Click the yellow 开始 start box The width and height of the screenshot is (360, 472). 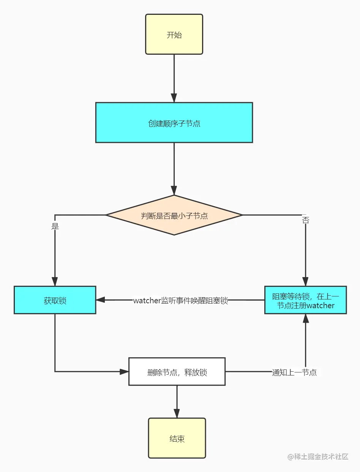[174, 35]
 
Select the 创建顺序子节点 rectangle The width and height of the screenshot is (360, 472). [174, 123]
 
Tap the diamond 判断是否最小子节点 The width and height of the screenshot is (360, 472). [174, 215]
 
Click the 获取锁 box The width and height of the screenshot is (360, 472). [55, 300]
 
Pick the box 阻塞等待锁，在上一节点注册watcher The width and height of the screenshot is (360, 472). [305, 300]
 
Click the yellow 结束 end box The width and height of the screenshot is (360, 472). [177, 439]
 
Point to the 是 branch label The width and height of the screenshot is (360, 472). [55, 226]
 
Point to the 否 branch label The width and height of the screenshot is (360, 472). [305, 220]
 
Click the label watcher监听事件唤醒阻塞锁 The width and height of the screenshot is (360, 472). [180, 301]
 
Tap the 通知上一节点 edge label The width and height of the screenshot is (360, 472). [294, 372]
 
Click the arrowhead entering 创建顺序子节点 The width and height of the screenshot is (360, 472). [174, 98]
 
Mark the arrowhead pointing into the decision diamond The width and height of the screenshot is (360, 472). [174, 190]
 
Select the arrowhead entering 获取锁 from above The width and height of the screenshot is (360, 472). [55, 281]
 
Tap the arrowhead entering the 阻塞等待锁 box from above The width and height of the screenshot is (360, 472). [305, 281]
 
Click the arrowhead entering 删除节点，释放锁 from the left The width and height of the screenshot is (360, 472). [124, 372]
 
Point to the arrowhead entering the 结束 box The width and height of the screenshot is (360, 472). [177, 413]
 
